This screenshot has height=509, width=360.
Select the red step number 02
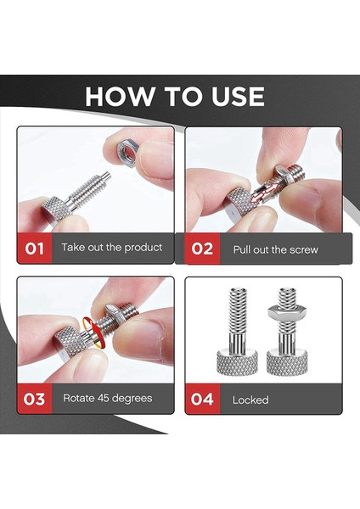202,249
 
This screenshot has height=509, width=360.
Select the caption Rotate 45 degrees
108,397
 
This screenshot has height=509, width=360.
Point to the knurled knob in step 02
240,201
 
